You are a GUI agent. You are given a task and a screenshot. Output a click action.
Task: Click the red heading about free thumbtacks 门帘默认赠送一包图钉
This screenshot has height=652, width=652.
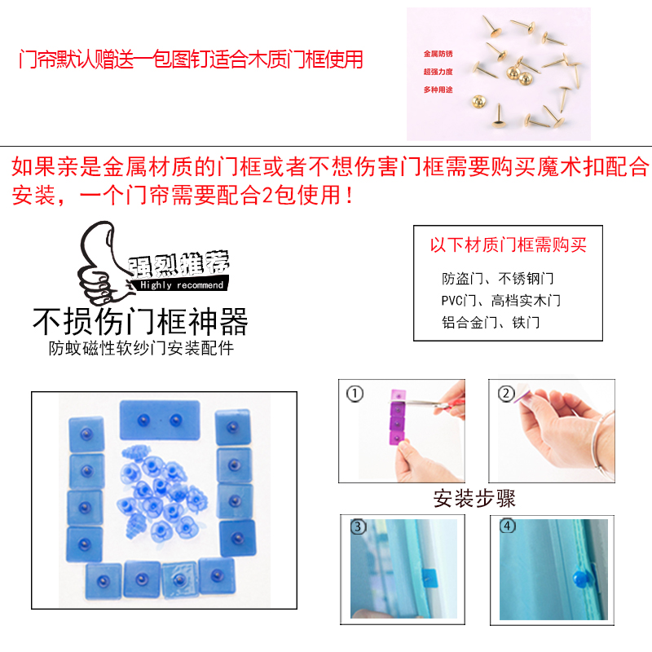pyautogui.click(x=191, y=60)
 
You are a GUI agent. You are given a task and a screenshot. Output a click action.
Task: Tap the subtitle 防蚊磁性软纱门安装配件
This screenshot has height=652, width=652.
pyautogui.click(x=140, y=349)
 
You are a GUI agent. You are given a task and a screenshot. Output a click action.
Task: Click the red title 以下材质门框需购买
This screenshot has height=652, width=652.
pyautogui.click(x=509, y=245)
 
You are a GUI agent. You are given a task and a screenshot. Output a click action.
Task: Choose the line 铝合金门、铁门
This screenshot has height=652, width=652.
pyautogui.click(x=491, y=322)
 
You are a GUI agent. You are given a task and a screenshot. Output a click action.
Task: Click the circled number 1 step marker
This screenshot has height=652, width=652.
pyautogui.click(x=355, y=394)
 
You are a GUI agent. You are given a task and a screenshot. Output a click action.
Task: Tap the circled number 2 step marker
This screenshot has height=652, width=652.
pyautogui.click(x=505, y=394)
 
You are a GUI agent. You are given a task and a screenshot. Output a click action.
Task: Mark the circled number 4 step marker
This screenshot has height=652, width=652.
pyautogui.click(x=509, y=526)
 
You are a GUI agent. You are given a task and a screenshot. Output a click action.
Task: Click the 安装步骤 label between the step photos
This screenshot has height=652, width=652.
pyautogui.click(x=474, y=497)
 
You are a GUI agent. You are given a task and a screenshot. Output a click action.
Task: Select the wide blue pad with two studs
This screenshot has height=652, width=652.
pyautogui.click(x=159, y=419)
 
